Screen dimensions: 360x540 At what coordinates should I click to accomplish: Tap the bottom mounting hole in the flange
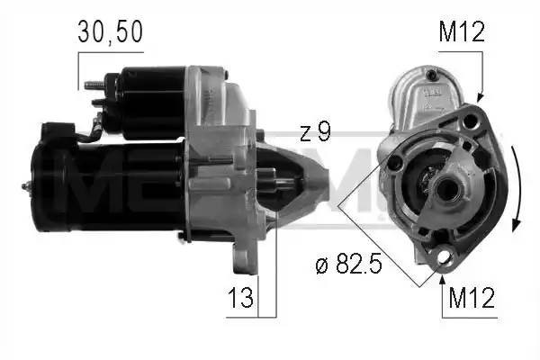[x=441, y=259]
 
